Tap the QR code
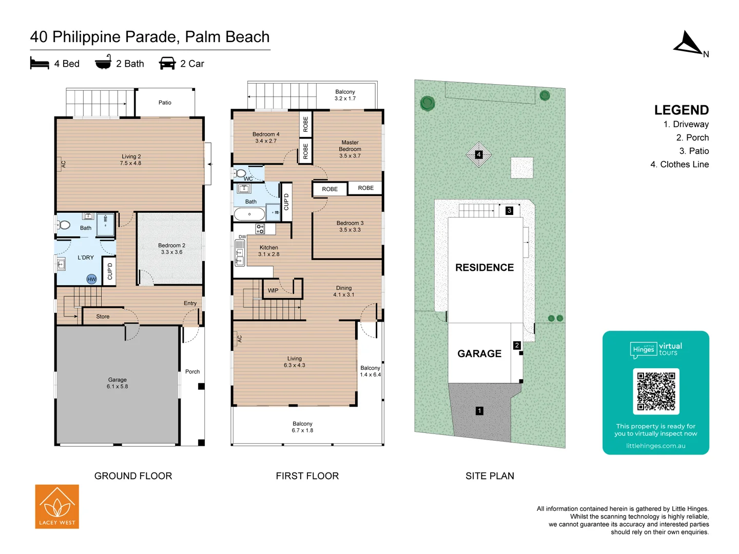point(656,391)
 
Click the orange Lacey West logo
point(57,506)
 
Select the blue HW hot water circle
point(91,279)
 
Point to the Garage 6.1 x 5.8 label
point(117,383)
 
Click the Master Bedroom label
point(350,149)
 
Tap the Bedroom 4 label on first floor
point(266,137)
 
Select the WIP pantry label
point(273,290)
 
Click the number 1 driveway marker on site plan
point(479,411)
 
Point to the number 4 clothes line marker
point(479,154)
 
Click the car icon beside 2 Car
point(167,64)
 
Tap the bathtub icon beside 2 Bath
point(103,63)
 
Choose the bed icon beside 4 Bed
point(40,64)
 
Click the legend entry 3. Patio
point(694,151)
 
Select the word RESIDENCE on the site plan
point(484,267)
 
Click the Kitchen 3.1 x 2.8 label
point(268,251)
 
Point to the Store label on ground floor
point(103,316)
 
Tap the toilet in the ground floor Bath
point(64,225)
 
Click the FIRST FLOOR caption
point(307,476)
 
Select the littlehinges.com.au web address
point(655,446)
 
